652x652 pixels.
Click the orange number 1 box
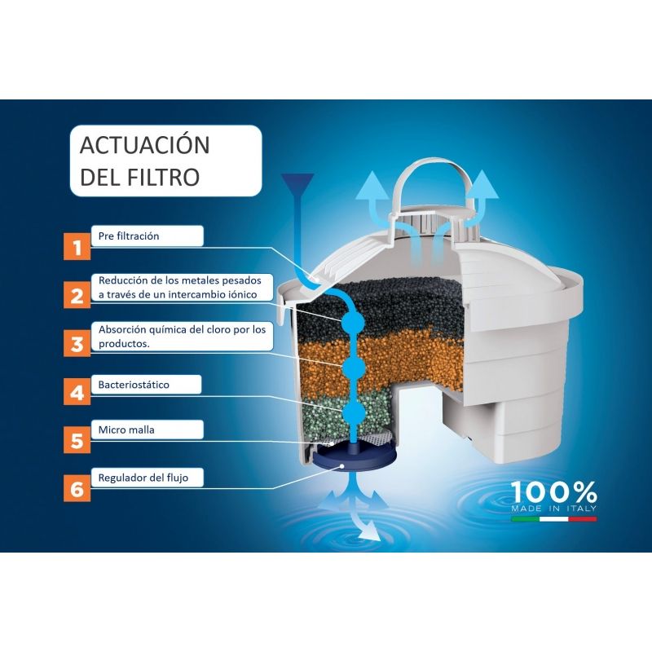(77, 247)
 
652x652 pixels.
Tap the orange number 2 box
(77, 295)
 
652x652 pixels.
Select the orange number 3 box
(77, 343)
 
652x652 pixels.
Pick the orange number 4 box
(77, 391)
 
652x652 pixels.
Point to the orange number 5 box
(77, 439)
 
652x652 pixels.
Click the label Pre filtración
(129, 236)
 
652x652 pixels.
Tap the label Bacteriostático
(134, 385)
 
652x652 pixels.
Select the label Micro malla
(126, 430)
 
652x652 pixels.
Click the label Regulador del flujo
(143, 478)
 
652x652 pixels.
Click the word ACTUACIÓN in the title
(145, 144)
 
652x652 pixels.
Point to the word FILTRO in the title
(163, 177)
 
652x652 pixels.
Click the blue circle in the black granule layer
(353, 322)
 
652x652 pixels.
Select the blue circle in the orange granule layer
(354, 367)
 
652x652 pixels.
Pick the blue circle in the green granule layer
(354, 412)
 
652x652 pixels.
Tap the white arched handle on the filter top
(434, 182)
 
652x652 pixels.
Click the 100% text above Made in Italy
(554, 492)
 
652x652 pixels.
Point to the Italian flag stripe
(554, 519)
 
